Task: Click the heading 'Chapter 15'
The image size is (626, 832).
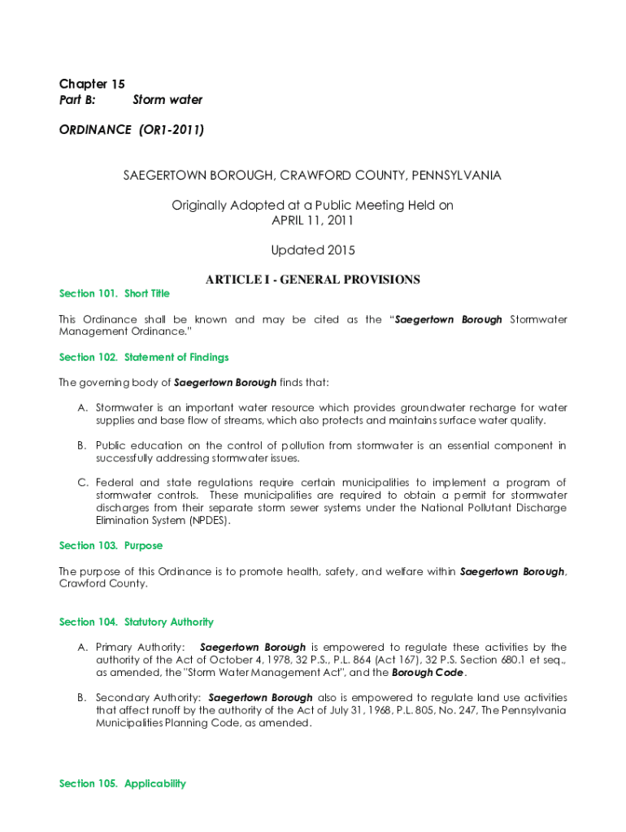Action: click(x=92, y=84)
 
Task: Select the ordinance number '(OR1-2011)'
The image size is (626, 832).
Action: click(x=171, y=129)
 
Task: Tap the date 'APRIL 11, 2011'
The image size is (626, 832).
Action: click(x=312, y=220)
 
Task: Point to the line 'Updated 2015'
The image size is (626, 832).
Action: click(x=312, y=250)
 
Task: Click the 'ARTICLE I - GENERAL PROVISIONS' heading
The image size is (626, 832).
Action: click(x=312, y=279)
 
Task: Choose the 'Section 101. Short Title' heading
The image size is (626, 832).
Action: click(x=115, y=293)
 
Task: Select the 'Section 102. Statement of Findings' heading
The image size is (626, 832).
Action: click(x=144, y=357)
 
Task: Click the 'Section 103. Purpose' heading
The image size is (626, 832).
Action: click(x=111, y=545)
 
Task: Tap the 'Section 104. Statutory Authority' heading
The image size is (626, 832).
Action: click(x=137, y=622)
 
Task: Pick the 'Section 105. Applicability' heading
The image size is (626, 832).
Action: click(x=123, y=783)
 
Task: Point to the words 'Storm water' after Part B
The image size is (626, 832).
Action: click(x=167, y=100)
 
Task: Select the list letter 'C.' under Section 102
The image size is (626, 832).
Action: click(x=82, y=483)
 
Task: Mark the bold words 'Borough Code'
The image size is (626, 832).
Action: click(x=428, y=673)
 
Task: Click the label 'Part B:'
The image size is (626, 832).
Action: click(x=77, y=100)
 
